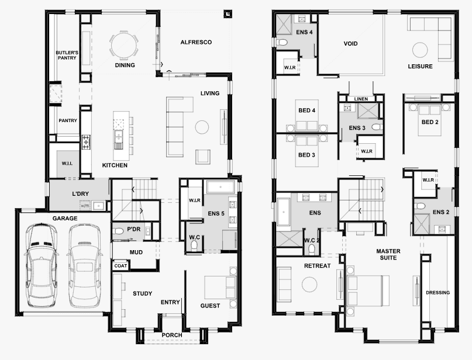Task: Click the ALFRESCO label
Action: tap(196, 43)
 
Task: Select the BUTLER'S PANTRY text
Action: tap(67, 55)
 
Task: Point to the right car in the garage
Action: tap(84, 265)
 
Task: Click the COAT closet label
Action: tap(120, 266)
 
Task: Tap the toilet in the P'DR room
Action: tap(118, 231)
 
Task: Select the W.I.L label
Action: tap(67, 163)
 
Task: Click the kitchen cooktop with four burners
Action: tap(86, 142)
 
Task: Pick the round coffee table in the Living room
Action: tap(202, 127)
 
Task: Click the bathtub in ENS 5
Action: tap(221, 187)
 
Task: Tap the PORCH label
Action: tap(172, 335)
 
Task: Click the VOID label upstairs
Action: tap(351, 44)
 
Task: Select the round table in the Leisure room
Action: tap(420, 50)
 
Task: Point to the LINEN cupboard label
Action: tap(361, 99)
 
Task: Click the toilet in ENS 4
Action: tap(282, 42)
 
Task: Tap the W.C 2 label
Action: tap(312, 240)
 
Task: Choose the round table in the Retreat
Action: tap(309, 285)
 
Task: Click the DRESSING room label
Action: tap(438, 292)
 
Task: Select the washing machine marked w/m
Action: tap(85, 206)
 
